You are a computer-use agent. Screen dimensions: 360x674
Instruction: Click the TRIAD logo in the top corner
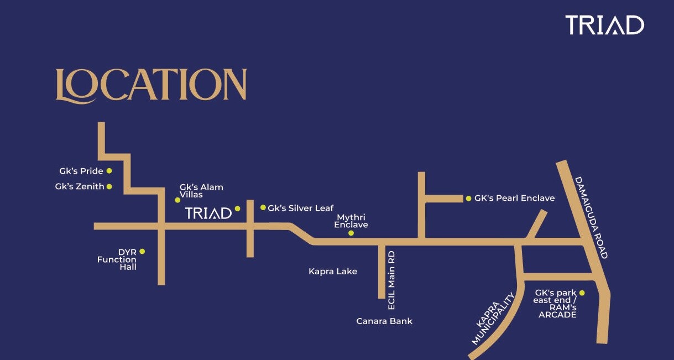click(604, 25)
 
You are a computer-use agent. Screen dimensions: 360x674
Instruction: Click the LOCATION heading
click(151, 86)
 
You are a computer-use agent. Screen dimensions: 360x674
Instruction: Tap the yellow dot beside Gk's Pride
click(109, 171)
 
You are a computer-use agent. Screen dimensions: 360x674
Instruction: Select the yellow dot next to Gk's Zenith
click(109, 186)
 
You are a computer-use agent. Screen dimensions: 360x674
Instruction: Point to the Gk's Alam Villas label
click(201, 191)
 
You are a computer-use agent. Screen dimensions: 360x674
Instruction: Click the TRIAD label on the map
click(208, 213)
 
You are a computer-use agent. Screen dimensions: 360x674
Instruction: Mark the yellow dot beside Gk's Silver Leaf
click(263, 207)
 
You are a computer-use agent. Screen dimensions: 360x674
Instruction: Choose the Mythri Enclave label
click(351, 221)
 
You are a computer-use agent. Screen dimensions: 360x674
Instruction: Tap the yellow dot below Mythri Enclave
click(351, 233)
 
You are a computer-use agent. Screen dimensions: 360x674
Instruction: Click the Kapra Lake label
click(333, 272)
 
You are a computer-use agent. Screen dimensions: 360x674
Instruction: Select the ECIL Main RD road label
click(391, 280)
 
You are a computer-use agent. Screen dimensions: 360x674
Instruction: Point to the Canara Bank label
click(384, 321)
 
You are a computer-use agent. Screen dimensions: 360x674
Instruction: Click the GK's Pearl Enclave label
click(514, 198)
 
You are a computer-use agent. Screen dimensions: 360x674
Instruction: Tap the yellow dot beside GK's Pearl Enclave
click(468, 198)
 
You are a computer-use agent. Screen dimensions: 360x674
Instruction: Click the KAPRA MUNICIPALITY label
click(493, 321)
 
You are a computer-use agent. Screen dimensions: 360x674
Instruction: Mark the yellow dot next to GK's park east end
click(582, 293)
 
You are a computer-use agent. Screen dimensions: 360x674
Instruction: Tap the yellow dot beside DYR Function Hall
click(142, 251)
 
